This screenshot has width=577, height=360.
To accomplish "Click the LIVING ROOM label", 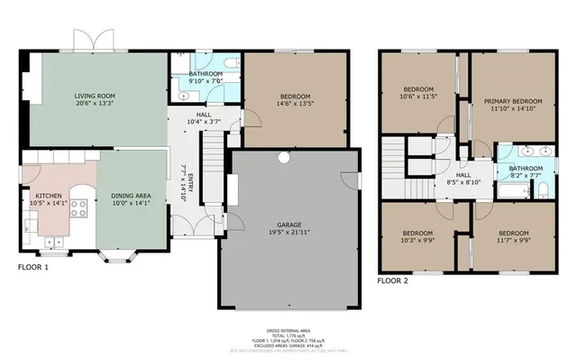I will [94, 95].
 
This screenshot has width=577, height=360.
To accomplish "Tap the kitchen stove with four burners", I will [78, 209].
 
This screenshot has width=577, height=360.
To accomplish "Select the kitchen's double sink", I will [54, 240].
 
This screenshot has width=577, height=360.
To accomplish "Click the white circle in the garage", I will [283, 158].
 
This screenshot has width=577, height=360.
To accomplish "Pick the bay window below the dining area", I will [117, 258].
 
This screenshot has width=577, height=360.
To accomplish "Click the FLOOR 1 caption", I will [33, 268].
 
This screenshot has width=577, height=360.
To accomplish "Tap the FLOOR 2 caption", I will [392, 282].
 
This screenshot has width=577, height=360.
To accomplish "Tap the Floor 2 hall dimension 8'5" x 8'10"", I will [463, 182].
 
